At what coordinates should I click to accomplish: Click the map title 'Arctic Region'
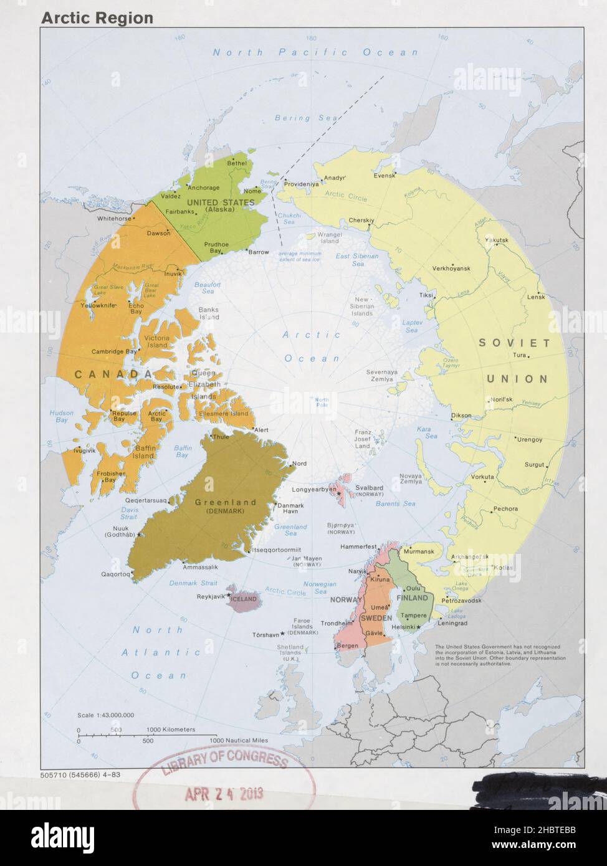[97, 18]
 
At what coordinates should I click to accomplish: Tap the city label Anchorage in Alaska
[203, 188]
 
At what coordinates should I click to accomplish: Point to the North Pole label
[322, 402]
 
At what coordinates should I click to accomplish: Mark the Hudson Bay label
[61, 416]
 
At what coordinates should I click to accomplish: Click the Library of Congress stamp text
[224, 762]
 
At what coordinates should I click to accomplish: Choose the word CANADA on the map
[113, 374]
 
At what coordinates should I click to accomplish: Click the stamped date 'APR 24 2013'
[224, 793]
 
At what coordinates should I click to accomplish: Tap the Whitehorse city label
[114, 219]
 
